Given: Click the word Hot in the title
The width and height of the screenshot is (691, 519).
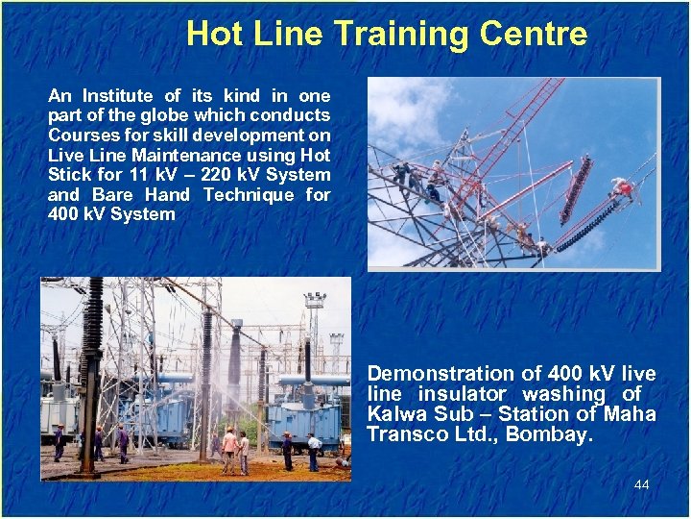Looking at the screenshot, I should point(210,34).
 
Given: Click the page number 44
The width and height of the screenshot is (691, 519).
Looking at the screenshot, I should point(641,484).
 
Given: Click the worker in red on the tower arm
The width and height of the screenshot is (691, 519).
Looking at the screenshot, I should point(626,189).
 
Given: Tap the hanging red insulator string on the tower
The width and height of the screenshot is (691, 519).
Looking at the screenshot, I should point(575,188).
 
